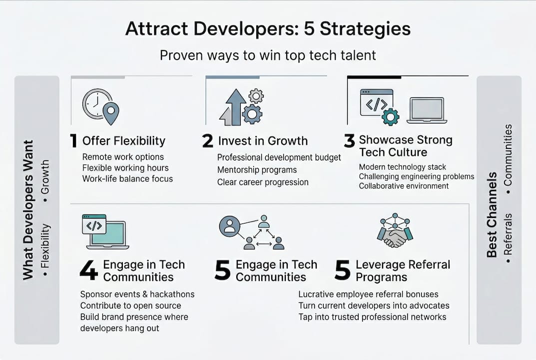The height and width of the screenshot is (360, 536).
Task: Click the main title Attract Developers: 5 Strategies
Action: (x=268, y=28)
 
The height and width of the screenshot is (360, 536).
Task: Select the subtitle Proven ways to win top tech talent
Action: (x=268, y=55)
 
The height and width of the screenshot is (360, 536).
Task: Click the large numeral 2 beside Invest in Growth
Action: (x=207, y=140)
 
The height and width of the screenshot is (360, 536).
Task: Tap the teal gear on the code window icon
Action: (x=390, y=117)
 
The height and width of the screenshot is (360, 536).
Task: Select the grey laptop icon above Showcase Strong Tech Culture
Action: (x=427, y=110)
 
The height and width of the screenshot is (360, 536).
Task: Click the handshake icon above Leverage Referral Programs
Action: (x=395, y=230)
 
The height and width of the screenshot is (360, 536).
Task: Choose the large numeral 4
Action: (x=88, y=270)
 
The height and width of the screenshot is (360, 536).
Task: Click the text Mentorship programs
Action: (x=257, y=169)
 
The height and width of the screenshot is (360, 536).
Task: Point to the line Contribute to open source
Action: (x=130, y=305)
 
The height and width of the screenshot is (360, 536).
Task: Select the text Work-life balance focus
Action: (x=127, y=178)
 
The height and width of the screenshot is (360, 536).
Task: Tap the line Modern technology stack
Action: (x=402, y=167)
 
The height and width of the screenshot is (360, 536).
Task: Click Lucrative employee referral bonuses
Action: (x=368, y=294)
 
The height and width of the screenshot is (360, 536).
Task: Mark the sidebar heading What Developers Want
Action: (x=28, y=210)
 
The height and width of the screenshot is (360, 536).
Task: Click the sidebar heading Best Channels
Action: (x=492, y=214)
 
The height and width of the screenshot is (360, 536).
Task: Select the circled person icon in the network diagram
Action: (x=229, y=226)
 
